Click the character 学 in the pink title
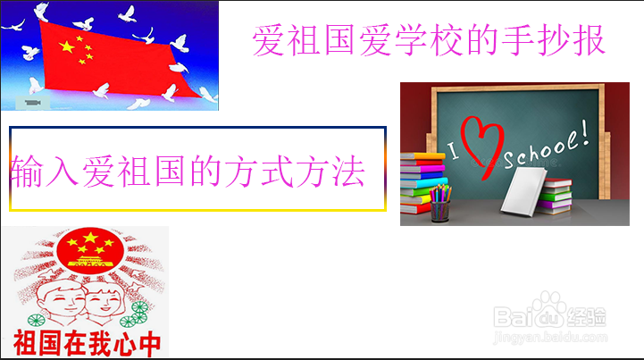411,40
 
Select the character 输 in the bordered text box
27,172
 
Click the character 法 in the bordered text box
348,172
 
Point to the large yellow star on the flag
67,46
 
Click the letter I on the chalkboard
453,150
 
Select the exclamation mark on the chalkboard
584,131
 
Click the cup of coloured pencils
439,205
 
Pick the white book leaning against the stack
524,191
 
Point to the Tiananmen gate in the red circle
90,262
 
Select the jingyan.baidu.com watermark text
550,338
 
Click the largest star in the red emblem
90,237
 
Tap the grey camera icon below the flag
33,103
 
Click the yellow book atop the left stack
422,156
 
